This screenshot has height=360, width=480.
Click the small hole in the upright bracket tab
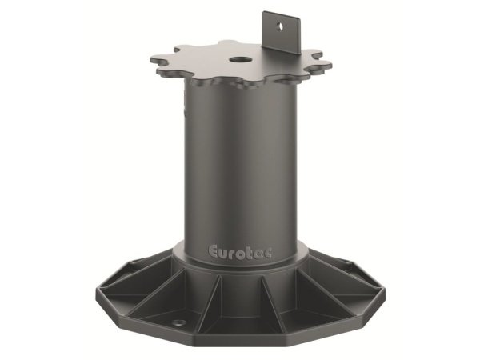click(282, 25)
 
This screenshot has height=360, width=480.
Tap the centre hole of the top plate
click(239, 58)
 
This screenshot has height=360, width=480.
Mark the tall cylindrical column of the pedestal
click(239, 160)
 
